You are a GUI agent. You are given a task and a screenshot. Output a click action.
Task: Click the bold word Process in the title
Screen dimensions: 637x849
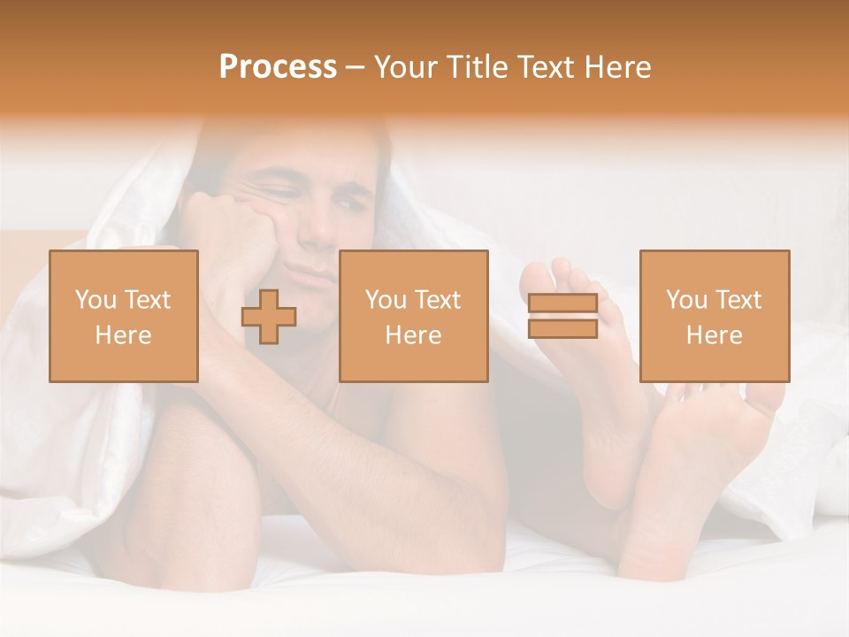point(278,67)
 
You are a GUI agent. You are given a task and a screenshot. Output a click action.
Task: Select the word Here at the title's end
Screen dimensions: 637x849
point(618,67)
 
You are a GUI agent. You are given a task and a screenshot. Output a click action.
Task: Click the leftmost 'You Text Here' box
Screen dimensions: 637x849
point(124,316)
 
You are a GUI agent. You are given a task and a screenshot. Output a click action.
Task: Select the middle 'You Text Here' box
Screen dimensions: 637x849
point(413,316)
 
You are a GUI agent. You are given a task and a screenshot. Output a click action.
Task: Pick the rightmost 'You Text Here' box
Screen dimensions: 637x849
point(714,316)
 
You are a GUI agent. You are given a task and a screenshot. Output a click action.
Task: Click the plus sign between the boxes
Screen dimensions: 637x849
point(269,316)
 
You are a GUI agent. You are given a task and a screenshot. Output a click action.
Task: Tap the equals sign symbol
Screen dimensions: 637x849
point(562,316)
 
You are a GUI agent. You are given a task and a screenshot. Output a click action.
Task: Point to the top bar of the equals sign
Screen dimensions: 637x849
point(562,304)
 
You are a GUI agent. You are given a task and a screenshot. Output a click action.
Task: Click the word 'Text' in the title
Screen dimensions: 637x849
point(547,67)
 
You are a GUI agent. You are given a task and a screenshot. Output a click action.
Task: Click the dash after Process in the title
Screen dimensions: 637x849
point(355,67)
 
